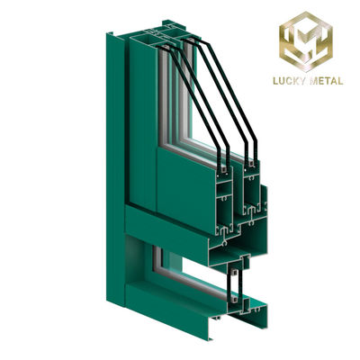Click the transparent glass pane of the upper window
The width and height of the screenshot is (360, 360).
[184, 99]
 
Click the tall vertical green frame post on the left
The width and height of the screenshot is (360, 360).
[115, 135]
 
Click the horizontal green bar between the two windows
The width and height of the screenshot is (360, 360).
[162, 229]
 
